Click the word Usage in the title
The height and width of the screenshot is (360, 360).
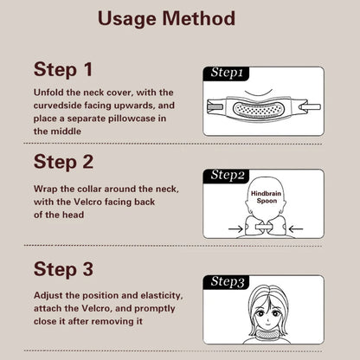pos(127,20)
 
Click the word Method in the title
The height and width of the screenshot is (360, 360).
pos(199,18)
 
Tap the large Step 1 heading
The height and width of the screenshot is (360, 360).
pos(63,69)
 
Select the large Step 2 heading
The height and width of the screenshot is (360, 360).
pos(63,162)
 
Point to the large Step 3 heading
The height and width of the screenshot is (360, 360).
pos(63,269)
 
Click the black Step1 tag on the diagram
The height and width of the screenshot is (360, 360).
pos(226,74)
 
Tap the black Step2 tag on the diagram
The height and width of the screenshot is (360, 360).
pos(227,176)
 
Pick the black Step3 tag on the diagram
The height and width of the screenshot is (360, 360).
pos(227,282)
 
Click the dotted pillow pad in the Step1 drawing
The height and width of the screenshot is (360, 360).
pos(258,110)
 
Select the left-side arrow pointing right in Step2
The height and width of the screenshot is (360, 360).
pos(235,229)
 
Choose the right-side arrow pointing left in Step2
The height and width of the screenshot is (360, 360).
pos(296,229)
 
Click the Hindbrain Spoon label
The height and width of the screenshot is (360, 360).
pos(267,197)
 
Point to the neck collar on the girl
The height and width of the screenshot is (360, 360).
pos(268,334)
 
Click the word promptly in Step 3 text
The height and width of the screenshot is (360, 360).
pos(155,309)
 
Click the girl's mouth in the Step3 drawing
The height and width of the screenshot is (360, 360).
pos(268,324)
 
